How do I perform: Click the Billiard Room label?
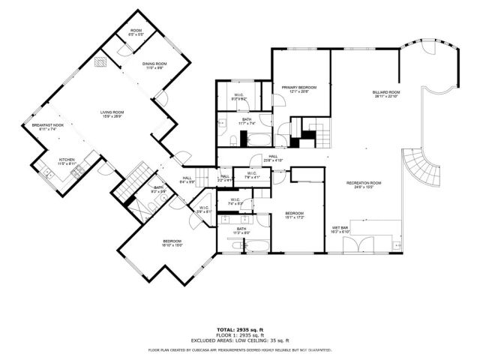[x=386, y=94]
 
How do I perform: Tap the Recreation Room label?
[x=364, y=185]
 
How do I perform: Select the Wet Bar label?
[x=341, y=229]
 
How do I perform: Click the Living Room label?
[x=112, y=114]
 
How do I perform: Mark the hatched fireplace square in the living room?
[x=100, y=64]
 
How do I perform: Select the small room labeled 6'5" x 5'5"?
[x=136, y=32]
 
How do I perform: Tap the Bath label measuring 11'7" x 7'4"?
[x=247, y=121]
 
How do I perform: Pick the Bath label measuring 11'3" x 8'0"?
[x=241, y=231]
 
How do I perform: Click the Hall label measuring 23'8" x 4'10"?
[x=274, y=158]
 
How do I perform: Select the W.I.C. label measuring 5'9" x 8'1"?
[x=204, y=210]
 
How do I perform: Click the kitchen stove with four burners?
[x=76, y=173]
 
